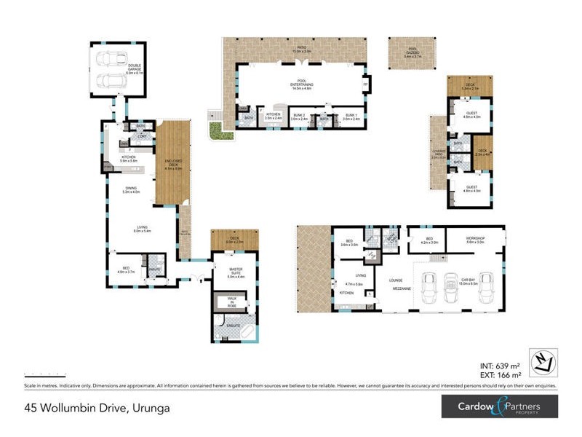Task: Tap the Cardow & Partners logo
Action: pos(499,406)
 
